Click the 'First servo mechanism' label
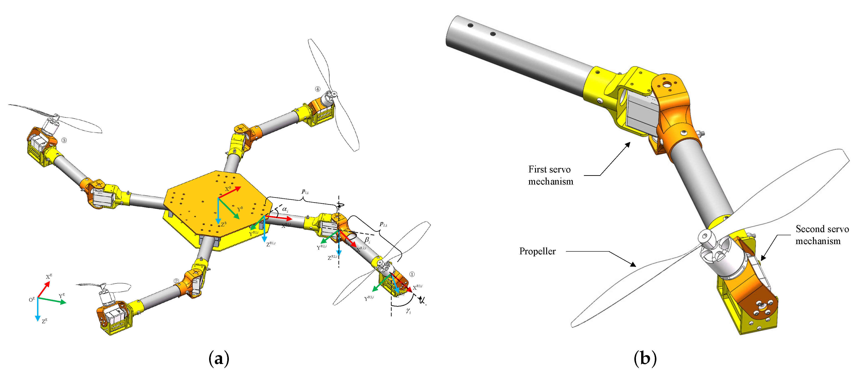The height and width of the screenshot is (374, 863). pos(550,175)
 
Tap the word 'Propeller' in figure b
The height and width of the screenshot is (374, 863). pos(537,251)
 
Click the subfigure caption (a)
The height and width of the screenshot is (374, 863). pos(219,359)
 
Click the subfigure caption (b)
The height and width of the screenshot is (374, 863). pos(645,359)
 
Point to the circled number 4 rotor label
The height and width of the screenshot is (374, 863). pos(317,89)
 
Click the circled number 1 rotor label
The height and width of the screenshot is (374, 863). pos(412,274)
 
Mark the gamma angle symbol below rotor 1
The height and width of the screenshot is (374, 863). pos(408,311)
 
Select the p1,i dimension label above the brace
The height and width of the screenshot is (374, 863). pos(305,192)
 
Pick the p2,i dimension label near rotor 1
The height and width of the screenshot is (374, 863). pos(383,224)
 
